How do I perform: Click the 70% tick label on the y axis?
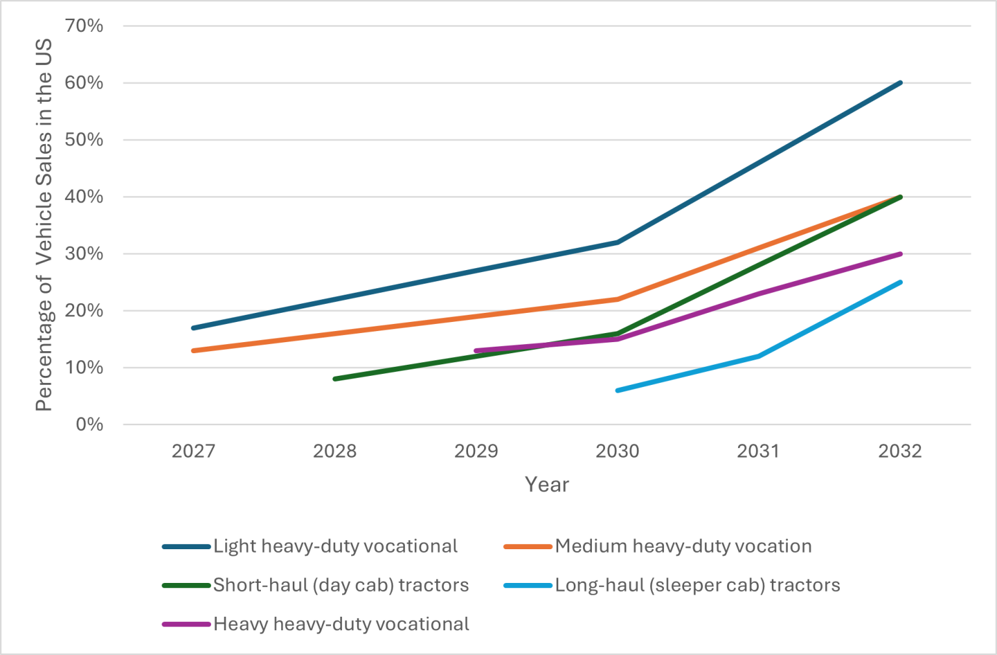[x=84, y=26]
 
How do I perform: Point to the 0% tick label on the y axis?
[x=89, y=425]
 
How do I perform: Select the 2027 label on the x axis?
[x=193, y=451]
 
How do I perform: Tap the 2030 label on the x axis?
[x=617, y=451]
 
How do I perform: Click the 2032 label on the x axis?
[x=900, y=451]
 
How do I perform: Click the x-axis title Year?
[x=547, y=484]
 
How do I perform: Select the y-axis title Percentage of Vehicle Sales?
[x=43, y=225]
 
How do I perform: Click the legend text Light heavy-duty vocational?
[x=335, y=547]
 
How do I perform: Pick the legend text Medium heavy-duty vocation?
[x=683, y=547]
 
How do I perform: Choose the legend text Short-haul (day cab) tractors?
[x=341, y=586]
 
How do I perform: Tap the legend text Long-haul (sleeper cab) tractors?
[x=697, y=586]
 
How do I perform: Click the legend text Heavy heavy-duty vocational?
[x=341, y=624]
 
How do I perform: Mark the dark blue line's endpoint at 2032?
[x=900, y=82]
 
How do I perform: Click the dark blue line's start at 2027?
[x=193, y=328]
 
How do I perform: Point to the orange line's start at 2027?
[x=193, y=351]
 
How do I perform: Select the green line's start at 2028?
[x=335, y=378]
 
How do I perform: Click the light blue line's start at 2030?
[x=617, y=390]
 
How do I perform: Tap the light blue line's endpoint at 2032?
[x=900, y=282]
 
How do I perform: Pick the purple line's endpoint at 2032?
[x=900, y=254]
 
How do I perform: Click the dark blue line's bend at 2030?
[x=617, y=242]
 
